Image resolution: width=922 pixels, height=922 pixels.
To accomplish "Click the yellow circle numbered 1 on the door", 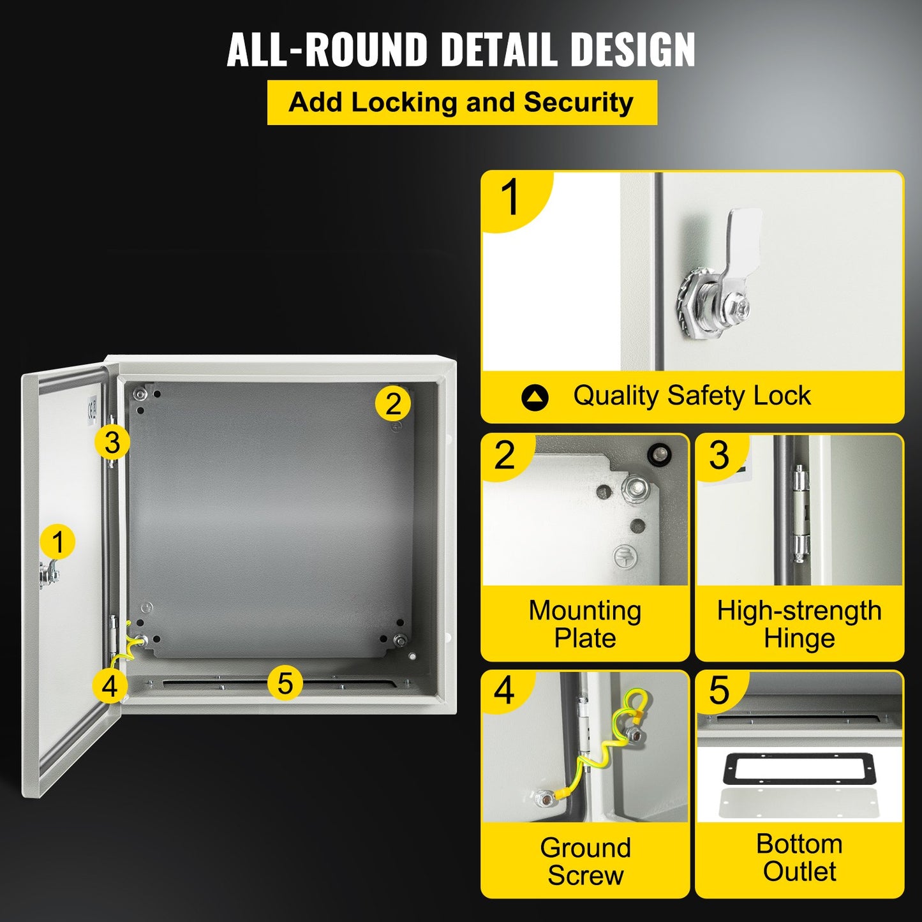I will tap(57, 542).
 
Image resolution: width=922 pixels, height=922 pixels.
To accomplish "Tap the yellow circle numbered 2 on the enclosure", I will tap(393, 403).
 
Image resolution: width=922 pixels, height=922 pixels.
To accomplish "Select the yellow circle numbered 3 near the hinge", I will tap(112, 442).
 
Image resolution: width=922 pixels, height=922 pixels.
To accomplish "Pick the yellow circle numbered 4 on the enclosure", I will tap(110, 686).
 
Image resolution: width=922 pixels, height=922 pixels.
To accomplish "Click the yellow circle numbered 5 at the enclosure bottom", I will tap(285, 683).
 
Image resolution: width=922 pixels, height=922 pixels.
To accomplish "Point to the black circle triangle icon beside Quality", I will tap(535, 398).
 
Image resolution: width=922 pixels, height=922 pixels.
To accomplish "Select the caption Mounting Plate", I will tap(584, 624).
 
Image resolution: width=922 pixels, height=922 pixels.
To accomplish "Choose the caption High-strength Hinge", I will tap(799, 624).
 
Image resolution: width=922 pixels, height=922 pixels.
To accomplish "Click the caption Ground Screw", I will tap(584, 861).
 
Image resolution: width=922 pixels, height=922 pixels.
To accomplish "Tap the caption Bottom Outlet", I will tap(799, 858).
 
